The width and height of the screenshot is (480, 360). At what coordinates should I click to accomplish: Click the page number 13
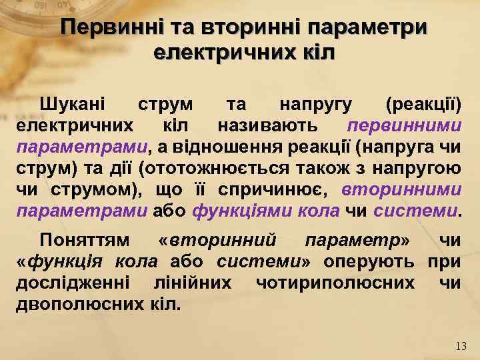pos(461,346)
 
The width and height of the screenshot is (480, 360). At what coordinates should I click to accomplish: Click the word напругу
pos(315,105)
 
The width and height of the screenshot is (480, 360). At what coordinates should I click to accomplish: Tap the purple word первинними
pos(405,125)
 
